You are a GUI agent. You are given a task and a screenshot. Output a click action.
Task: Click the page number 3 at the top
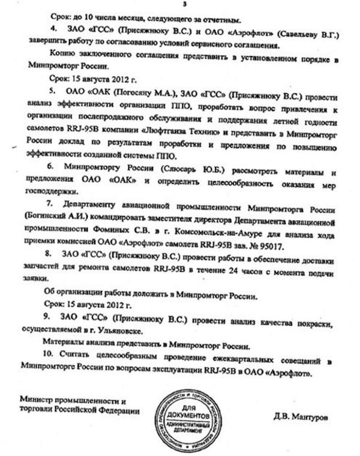(x=184, y=5)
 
